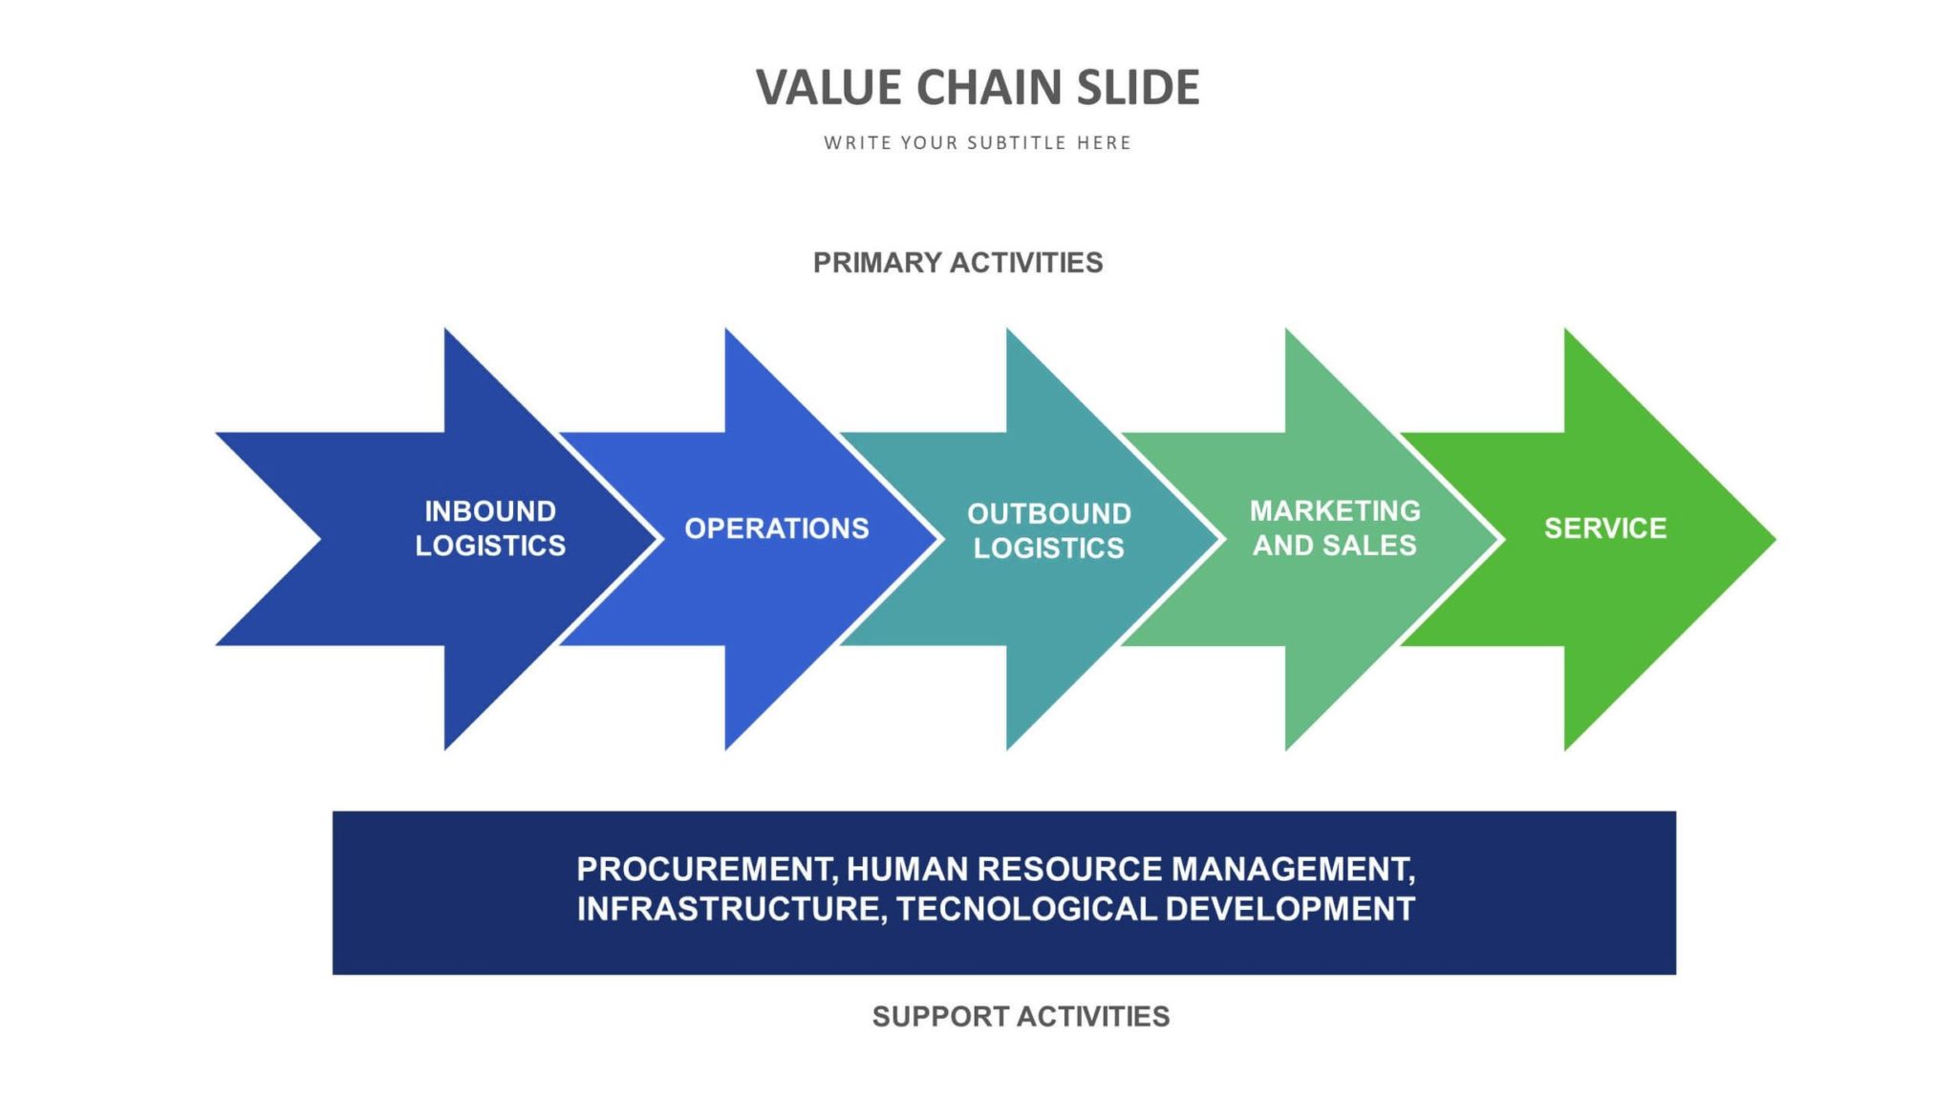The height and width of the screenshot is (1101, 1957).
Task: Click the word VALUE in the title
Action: click(x=828, y=88)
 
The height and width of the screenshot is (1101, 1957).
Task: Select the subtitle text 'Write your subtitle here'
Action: click(x=978, y=143)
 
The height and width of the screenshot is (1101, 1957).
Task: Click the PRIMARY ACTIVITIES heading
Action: click(x=957, y=263)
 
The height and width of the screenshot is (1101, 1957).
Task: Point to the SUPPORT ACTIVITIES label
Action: click(x=1021, y=1016)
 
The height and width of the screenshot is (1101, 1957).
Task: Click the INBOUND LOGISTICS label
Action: click(x=490, y=529)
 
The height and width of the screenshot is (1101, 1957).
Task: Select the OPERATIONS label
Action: click(x=776, y=529)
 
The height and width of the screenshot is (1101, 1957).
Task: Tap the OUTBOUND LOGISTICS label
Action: click(x=1048, y=531)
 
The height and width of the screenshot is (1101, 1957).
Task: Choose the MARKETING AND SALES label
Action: click(x=1335, y=529)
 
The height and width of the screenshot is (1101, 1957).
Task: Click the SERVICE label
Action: click(x=1605, y=529)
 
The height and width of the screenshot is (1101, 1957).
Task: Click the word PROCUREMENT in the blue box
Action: click(x=707, y=870)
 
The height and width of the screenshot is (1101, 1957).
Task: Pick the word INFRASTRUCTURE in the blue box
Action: click(x=731, y=909)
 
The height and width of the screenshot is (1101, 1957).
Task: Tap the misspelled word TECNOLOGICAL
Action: click(x=1026, y=909)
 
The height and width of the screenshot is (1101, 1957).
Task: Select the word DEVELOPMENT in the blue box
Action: click(x=1290, y=909)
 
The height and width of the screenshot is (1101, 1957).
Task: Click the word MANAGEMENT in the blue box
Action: click(x=1292, y=870)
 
